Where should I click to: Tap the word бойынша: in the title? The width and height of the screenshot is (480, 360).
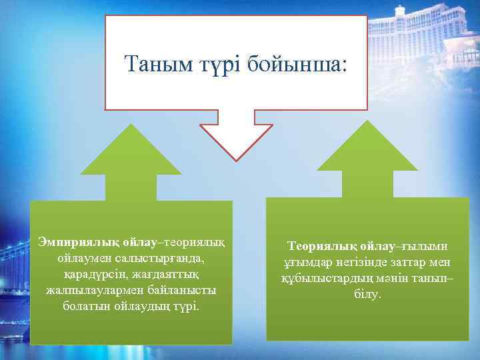(297, 64)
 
